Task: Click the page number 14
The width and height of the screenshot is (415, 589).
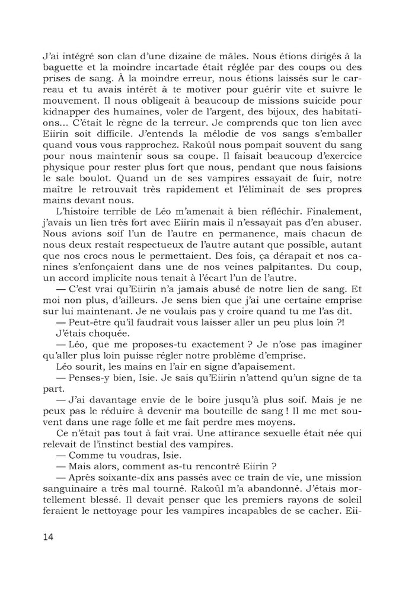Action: [x=49, y=537]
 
